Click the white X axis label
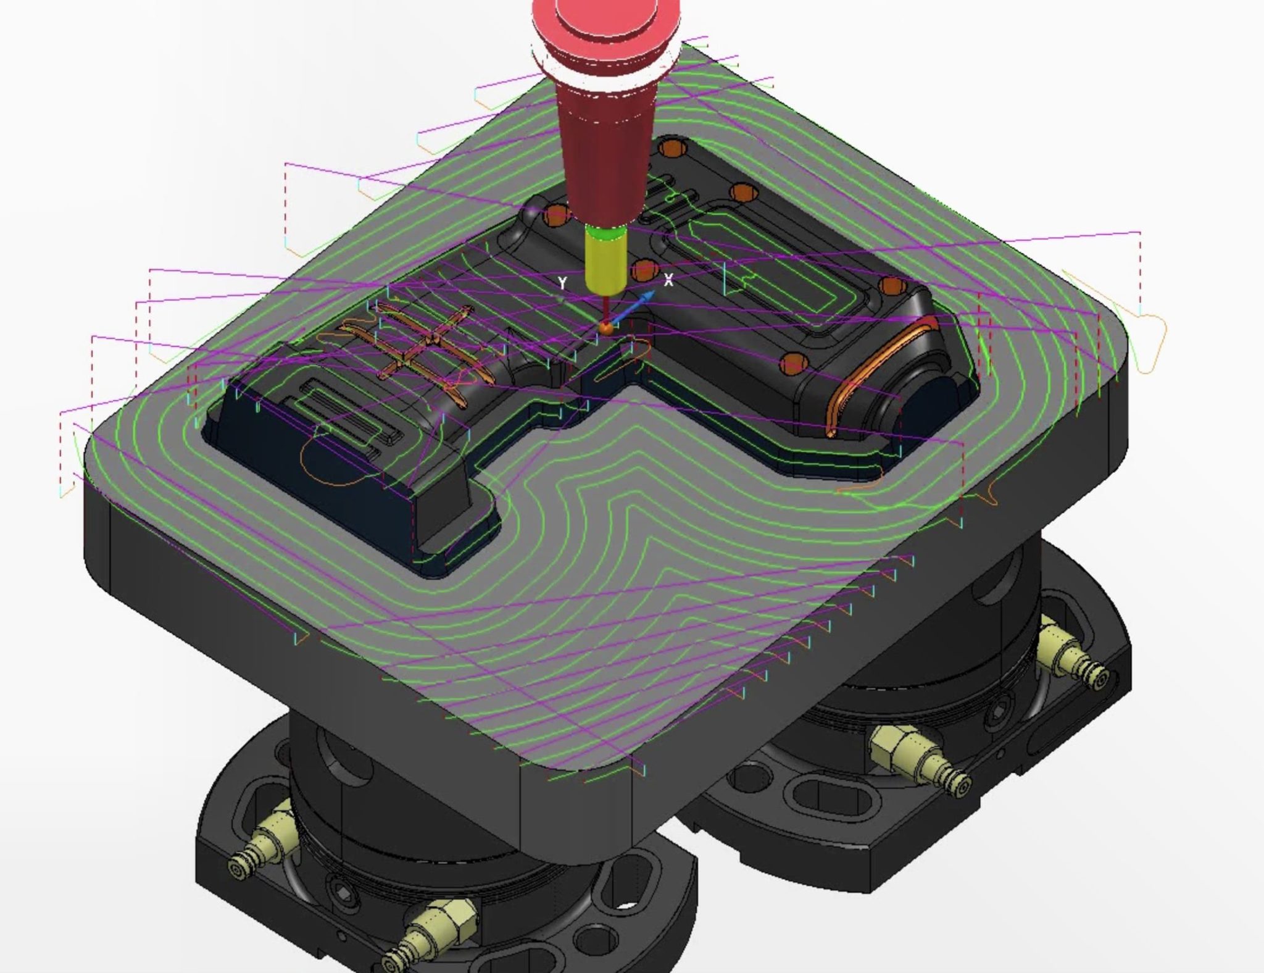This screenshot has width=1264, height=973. coord(668,281)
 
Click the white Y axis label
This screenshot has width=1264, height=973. coord(562,283)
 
